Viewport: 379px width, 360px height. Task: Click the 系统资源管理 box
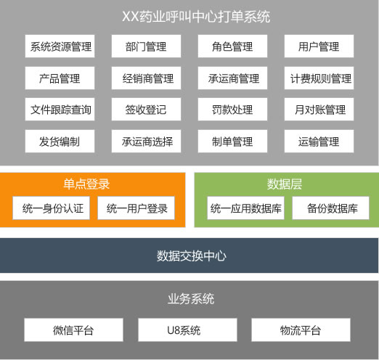click(x=60, y=46)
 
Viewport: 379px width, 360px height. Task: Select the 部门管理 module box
click(x=146, y=46)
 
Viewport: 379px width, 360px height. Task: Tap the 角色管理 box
click(x=232, y=46)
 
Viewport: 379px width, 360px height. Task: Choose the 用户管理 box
click(x=319, y=46)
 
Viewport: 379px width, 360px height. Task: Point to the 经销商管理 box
click(x=146, y=78)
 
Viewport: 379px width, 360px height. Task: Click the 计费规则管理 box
click(x=319, y=78)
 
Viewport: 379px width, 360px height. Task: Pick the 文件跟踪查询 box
click(x=60, y=110)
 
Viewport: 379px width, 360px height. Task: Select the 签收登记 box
click(x=146, y=110)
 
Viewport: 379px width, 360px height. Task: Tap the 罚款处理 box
click(x=232, y=110)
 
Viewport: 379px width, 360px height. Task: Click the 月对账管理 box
click(x=319, y=110)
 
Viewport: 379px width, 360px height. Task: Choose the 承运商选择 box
click(x=146, y=142)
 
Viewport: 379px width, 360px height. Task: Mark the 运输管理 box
click(x=319, y=142)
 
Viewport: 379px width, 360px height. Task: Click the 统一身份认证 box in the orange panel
click(x=52, y=208)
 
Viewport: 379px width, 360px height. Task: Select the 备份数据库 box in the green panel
click(x=331, y=208)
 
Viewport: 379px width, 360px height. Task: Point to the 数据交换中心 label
click(x=192, y=256)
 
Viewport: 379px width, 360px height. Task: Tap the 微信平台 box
click(x=73, y=330)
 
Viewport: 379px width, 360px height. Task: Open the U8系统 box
click(x=187, y=330)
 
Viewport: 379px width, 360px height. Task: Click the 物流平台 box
click(x=301, y=330)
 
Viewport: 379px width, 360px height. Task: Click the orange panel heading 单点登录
click(x=86, y=184)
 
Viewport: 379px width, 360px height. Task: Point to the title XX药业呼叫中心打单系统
click(x=196, y=17)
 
